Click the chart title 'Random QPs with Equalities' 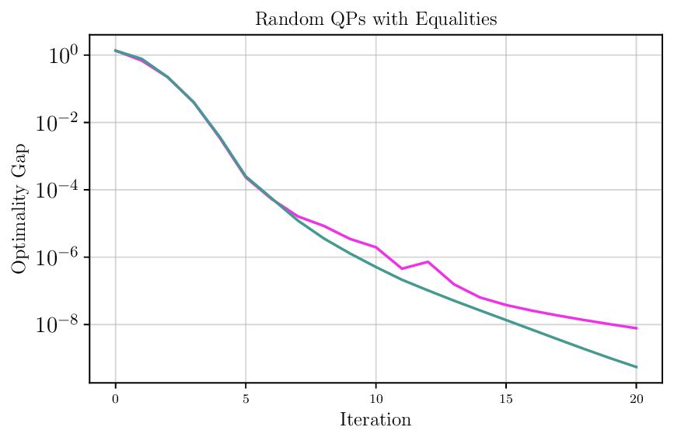[375, 19]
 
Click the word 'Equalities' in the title [458, 19]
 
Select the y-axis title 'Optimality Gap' [19, 208]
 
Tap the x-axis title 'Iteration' [375, 420]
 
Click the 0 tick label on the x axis [116, 398]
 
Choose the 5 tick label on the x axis [246, 398]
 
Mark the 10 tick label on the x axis [376, 398]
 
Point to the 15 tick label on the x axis [506, 398]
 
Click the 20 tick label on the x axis [637, 398]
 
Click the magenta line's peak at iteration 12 [428, 261]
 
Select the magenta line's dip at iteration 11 [402, 268]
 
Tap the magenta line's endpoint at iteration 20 [637, 328]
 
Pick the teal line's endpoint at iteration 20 [637, 367]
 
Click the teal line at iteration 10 [376, 267]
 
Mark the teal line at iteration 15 [506, 320]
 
